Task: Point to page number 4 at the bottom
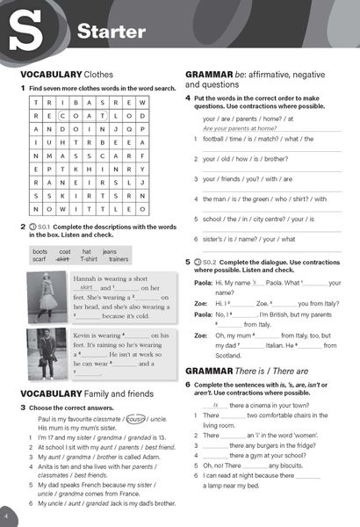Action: tap(7, 512)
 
